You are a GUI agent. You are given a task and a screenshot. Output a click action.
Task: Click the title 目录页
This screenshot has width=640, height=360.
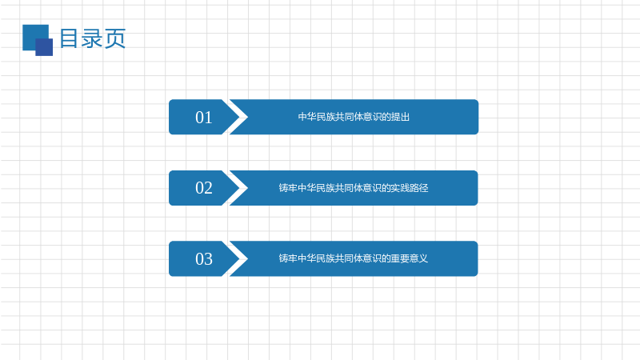(x=93, y=38)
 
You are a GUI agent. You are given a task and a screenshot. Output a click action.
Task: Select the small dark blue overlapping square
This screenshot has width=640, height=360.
(x=44, y=47)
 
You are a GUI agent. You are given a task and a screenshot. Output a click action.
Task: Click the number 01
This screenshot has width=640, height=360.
(x=204, y=118)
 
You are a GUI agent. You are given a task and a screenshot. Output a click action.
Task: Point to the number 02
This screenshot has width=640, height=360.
(x=204, y=188)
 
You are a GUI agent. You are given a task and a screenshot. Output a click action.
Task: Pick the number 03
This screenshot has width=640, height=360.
(x=204, y=259)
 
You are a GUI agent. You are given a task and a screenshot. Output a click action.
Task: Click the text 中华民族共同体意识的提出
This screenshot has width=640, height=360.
(x=354, y=117)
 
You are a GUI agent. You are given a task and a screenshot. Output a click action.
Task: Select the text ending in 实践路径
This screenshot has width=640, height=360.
(x=354, y=188)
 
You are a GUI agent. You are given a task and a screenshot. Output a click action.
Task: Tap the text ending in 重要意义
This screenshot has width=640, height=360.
(x=354, y=258)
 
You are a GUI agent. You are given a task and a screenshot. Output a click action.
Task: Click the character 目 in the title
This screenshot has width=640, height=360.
(x=70, y=38)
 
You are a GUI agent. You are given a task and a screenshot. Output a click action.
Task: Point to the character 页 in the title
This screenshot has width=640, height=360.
(x=115, y=38)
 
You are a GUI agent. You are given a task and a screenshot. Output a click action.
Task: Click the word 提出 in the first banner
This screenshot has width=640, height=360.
(x=401, y=117)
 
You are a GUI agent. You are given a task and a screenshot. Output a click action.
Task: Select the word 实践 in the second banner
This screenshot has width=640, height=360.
(x=401, y=188)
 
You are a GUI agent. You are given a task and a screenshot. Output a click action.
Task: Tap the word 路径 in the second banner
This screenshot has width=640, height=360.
(x=419, y=188)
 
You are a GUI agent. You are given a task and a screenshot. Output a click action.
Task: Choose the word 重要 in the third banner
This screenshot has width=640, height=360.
(x=401, y=258)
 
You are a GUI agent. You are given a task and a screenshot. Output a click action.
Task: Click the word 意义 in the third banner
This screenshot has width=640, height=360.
(x=419, y=258)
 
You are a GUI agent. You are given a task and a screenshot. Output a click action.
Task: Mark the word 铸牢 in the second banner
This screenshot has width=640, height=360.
(x=288, y=188)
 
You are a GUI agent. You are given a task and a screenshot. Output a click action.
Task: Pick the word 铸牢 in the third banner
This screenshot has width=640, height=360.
(x=288, y=258)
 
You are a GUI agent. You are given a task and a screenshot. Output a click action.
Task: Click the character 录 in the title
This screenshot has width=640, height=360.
(x=92, y=38)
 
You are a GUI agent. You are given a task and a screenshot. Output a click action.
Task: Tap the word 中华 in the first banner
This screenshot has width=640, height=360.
(x=307, y=117)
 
